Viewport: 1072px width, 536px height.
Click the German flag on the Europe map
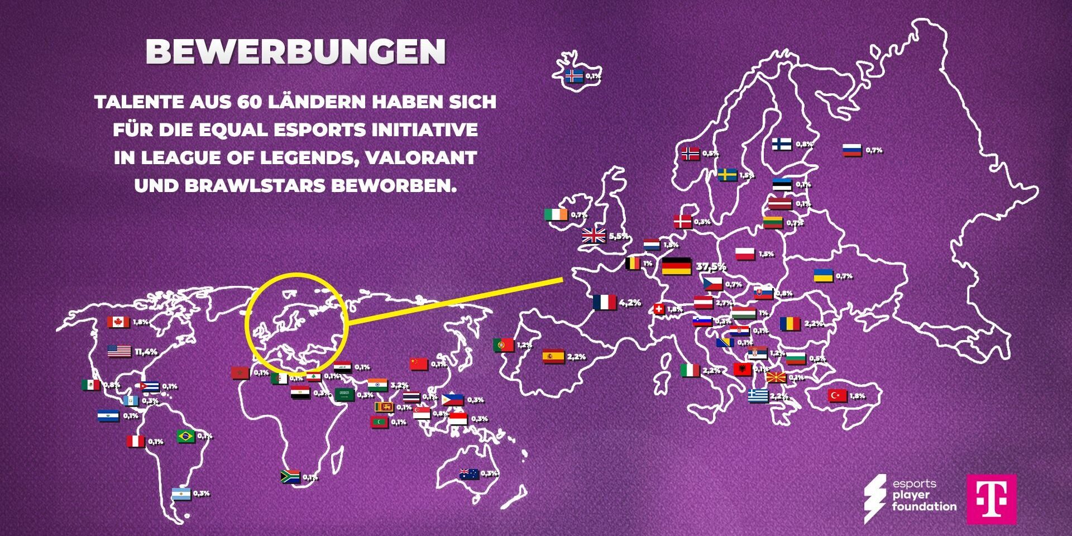click(677, 266)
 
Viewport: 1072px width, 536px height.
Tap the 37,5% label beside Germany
click(711, 266)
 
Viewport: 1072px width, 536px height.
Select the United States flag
click(119, 351)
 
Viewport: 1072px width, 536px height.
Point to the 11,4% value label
click(146, 352)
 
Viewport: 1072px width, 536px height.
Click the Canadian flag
click(118, 322)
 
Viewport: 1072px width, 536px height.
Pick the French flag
click(604, 302)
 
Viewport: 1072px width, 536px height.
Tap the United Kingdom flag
click(594, 236)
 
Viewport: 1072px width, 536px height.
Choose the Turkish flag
click(837, 396)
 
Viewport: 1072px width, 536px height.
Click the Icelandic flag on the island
click(574, 76)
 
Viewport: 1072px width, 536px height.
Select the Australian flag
click(468, 474)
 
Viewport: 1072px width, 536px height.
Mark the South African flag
click(290, 477)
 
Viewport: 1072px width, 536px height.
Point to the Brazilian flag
click(186, 436)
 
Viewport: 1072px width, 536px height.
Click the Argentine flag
click(181, 494)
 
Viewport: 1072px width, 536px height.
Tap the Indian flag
click(377, 385)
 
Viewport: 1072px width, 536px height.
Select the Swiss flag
click(659, 309)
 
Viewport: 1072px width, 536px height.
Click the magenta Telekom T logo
click(992, 499)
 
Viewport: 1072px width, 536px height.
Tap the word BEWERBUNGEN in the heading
click(296, 51)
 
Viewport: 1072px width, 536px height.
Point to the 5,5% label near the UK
click(619, 236)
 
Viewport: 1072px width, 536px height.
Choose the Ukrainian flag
click(823, 275)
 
